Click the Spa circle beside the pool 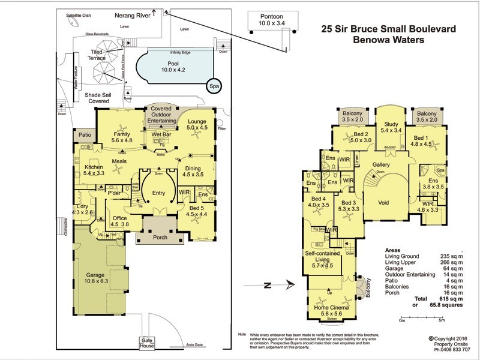click(x=214, y=87)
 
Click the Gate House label click(x=147, y=343)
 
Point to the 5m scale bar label click(x=440, y=320)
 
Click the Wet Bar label click(x=162, y=134)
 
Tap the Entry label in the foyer click(x=158, y=193)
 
